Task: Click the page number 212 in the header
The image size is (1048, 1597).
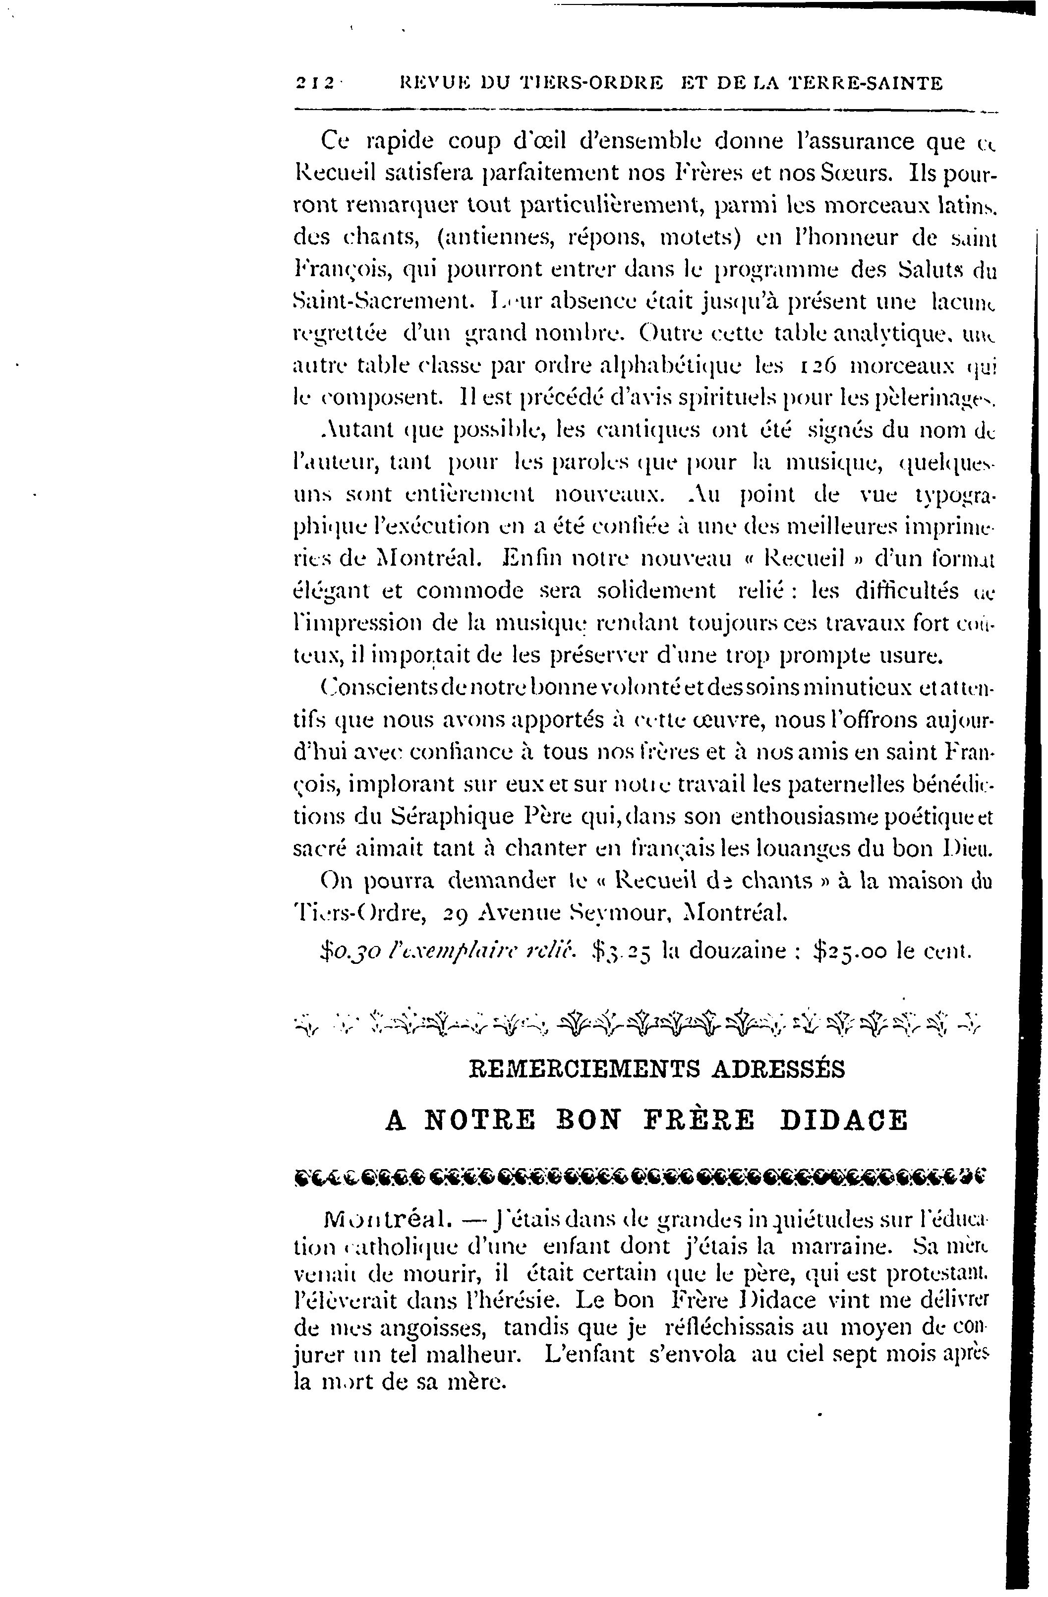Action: (315, 83)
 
